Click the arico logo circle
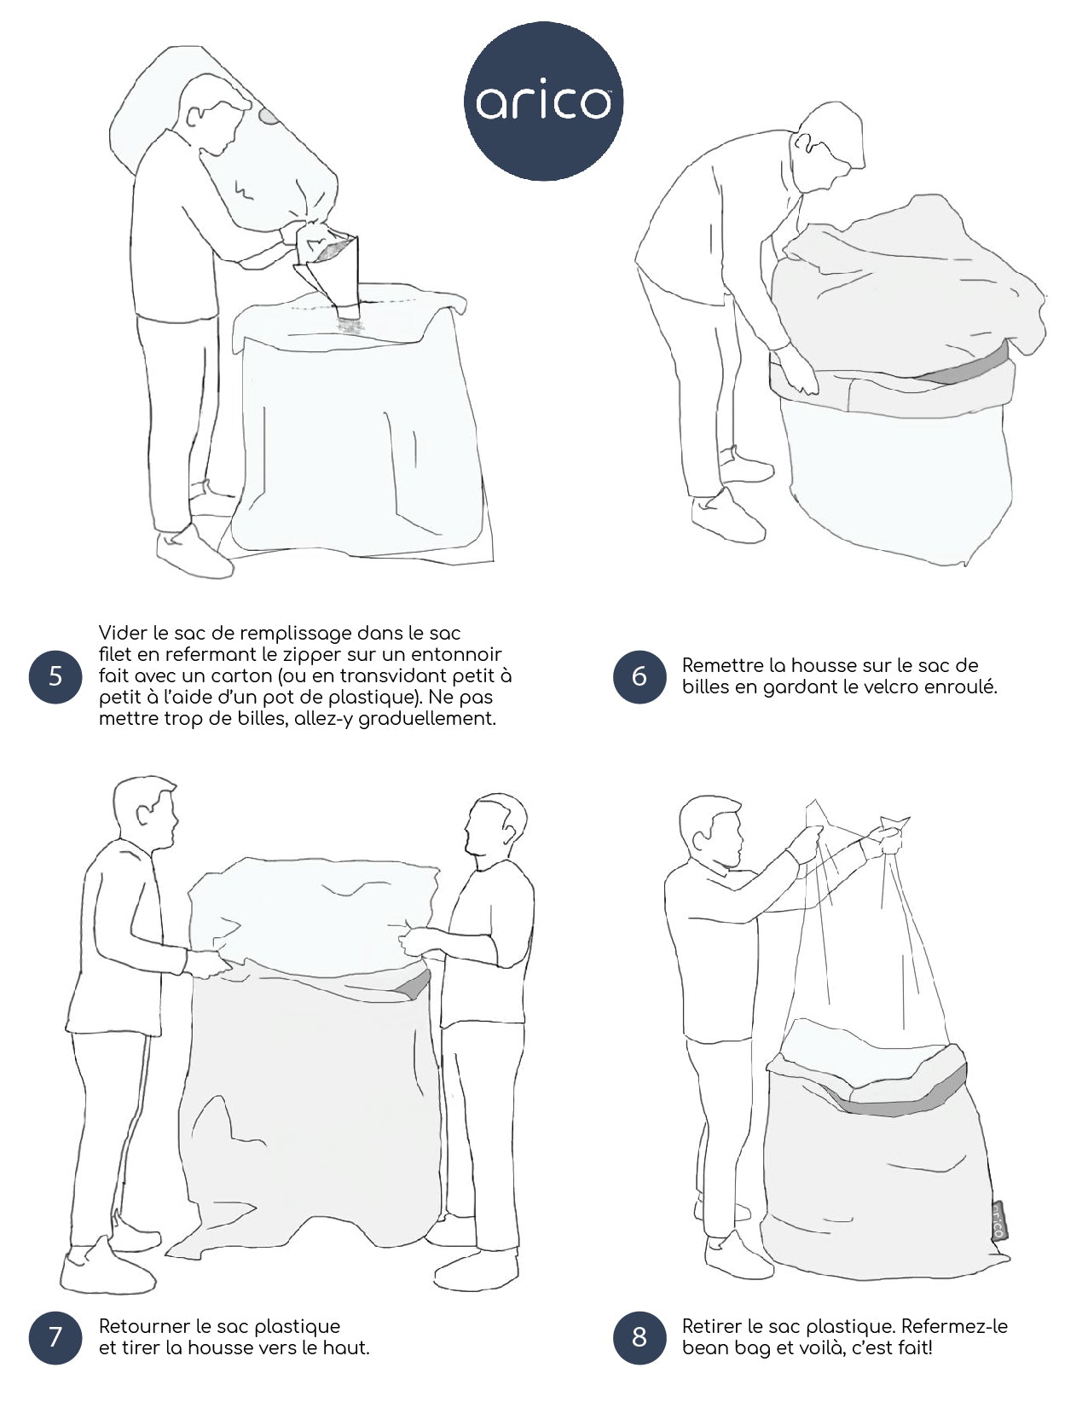coord(543,101)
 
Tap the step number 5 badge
coord(55,676)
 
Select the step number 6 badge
coord(639,676)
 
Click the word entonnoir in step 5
coord(456,654)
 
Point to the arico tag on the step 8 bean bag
coord(998,1221)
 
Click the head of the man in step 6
coord(830,146)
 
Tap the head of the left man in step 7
coord(145,812)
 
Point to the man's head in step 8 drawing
coord(710,832)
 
